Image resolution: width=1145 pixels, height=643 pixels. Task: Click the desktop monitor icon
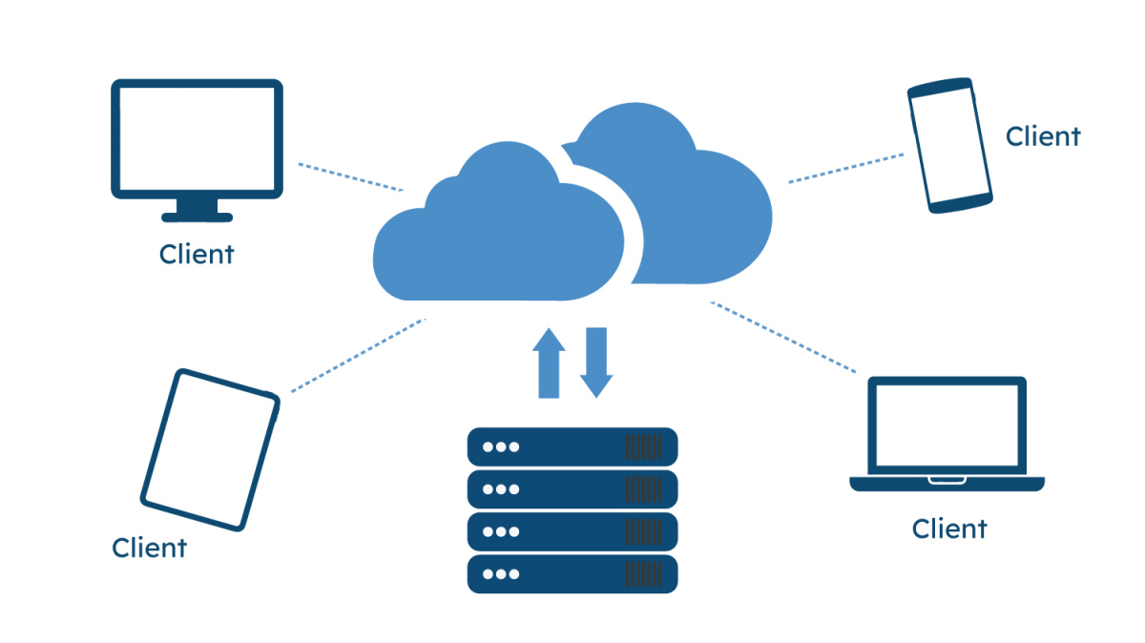[197, 139]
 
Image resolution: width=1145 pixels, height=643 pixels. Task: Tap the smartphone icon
[948, 145]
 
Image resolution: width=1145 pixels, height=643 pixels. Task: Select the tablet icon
[210, 449]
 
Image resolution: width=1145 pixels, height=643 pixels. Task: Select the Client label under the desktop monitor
[197, 255]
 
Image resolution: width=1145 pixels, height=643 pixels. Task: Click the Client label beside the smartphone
[1043, 136]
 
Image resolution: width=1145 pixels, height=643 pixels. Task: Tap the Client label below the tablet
[149, 549]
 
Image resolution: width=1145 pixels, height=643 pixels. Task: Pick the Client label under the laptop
[948, 529]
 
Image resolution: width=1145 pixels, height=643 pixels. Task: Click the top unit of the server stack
[572, 446]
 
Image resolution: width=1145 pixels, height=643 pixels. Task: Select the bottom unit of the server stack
[572, 574]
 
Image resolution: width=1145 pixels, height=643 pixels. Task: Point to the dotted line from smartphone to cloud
[845, 167]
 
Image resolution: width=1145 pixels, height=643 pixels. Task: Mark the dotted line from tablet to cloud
[358, 355]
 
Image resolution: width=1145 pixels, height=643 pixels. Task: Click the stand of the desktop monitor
[197, 210]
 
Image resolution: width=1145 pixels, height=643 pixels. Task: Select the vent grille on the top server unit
[643, 446]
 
